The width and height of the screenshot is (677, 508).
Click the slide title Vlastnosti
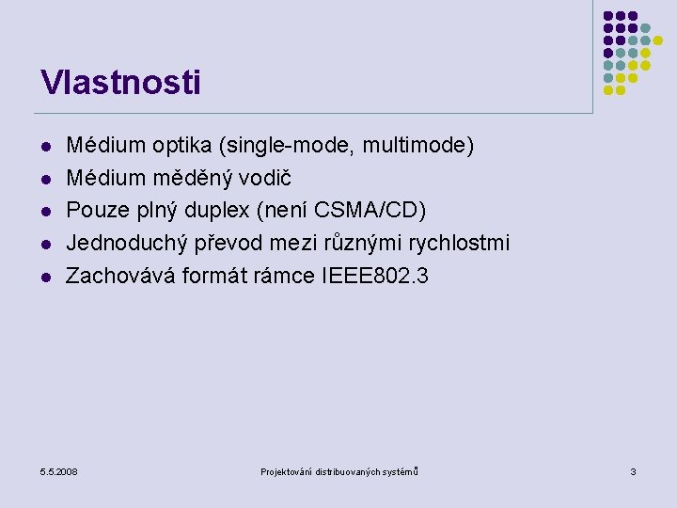click(x=120, y=83)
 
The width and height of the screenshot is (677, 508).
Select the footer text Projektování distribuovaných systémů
click(x=338, y=470)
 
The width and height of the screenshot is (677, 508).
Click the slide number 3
click(x=633, y=470)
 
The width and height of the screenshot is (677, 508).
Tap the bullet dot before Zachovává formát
click(x=45, y=278)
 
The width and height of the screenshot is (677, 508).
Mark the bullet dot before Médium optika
click(x=45, y=148)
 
